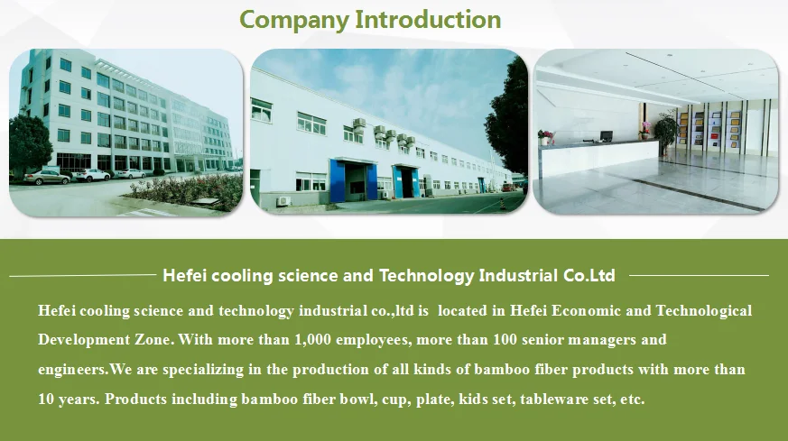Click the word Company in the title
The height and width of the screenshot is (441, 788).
coord(294,20)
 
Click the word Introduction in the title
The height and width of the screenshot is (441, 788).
coord(428,20)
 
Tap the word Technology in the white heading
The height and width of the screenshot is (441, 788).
coord(427,276)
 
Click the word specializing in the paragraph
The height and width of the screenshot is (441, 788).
coord(203,370)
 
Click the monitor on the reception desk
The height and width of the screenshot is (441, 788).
coord(606,136)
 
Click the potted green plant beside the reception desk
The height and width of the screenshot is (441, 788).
coord(666,133)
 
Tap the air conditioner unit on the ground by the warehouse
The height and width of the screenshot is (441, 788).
coord(284,201)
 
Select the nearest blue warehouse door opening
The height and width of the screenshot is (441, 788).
coord(353,181)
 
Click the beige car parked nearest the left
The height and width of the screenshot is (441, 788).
coord(47,178)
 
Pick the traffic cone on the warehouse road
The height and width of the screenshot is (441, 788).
coord(501,204)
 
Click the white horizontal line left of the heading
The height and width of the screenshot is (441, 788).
coord(82,275)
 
